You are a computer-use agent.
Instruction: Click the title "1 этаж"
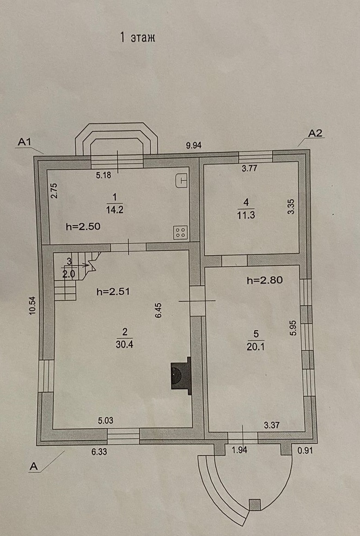pyautogui.click(x=137, y=38)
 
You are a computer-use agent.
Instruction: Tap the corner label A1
pyautogui.click(x=24, y=142)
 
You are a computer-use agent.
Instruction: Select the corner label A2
pyautogui.click(x=316, y=134)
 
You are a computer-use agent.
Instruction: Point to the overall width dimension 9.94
pyautogui.click(x=195, y=145)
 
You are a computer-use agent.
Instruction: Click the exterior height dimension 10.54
pyautogui.click(x=32, y=306)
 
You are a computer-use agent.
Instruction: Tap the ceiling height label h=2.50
pyautogui.click(x=83, y=227)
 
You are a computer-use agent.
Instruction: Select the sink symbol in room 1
pyautogui.click(x=182, y=180)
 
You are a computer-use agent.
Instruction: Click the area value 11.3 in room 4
pyautogui.click(x=246, y=214)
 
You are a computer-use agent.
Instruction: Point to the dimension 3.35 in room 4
pyautogui.click(x=291, y=207)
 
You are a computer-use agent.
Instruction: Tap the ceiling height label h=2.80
pyautogui.click(x=264, y=280)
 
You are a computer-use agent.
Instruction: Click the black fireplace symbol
pyautogui.click(x=181, y=375)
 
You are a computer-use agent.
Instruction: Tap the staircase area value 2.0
pyautogui.click(x=68, y=273)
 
